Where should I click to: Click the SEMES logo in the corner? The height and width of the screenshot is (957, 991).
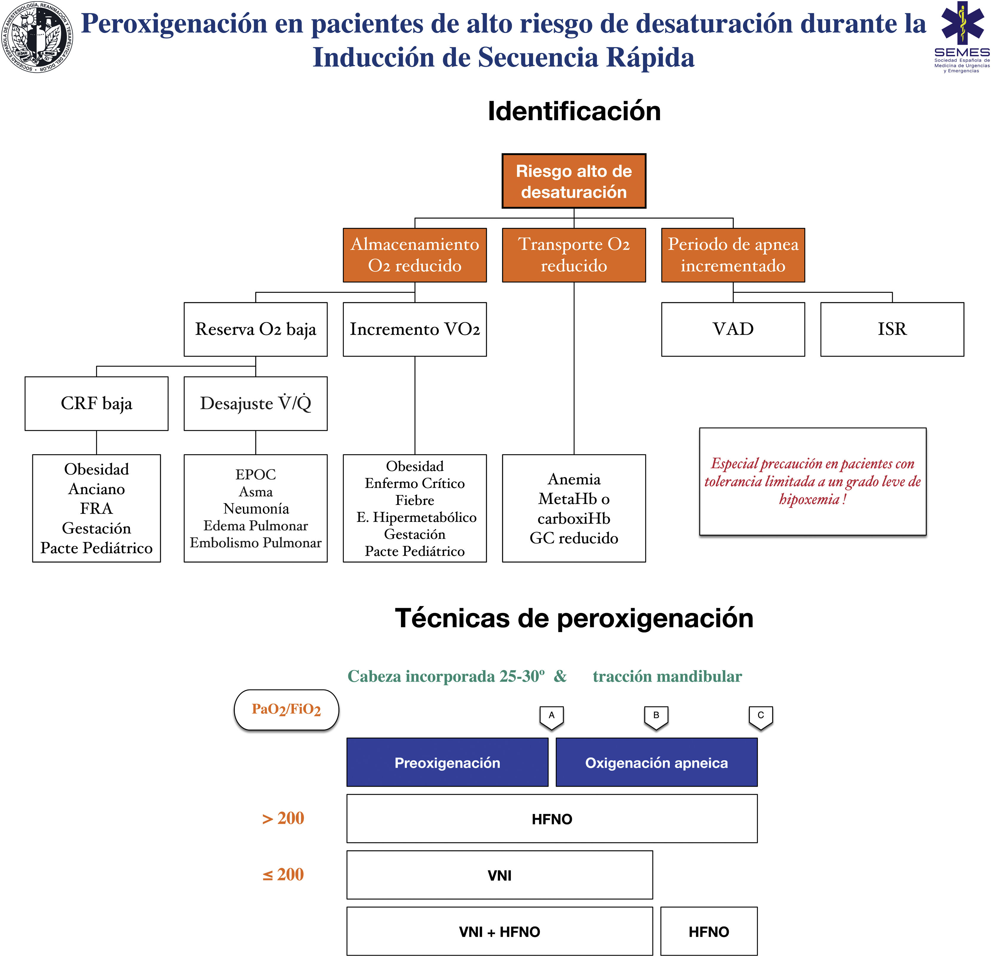962,36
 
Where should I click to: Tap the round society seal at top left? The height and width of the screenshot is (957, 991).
37,36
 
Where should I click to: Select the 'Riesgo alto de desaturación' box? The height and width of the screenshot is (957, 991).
574,181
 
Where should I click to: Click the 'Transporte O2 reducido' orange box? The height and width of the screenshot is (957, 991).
574,255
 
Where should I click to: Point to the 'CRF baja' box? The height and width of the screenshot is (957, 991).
97,403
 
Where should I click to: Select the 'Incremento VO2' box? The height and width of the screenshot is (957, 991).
415,329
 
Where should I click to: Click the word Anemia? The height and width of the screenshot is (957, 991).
574,479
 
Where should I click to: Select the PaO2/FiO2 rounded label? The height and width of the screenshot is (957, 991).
286,709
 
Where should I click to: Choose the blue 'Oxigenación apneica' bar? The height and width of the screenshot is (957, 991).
656,762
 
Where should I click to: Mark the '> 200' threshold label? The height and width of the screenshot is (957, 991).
283,818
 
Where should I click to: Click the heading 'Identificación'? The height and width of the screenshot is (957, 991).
574,111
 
